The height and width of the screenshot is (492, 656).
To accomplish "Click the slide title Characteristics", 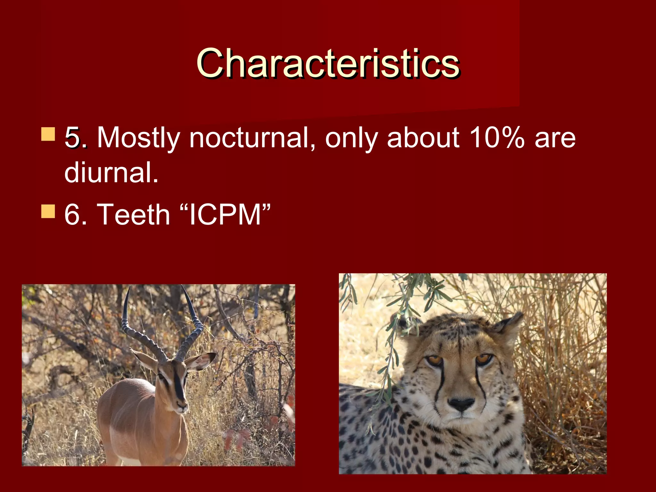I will [x=328, y=63].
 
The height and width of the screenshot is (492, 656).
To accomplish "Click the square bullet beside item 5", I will [x=48, y=134].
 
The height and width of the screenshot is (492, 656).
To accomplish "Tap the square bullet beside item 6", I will [x=48, y=211].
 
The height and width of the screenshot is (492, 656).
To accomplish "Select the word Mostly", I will [x=138, y=138].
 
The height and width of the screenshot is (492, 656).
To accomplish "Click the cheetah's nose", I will [x=461, y=404].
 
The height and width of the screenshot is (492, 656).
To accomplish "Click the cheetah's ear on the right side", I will [x=508, y=327].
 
